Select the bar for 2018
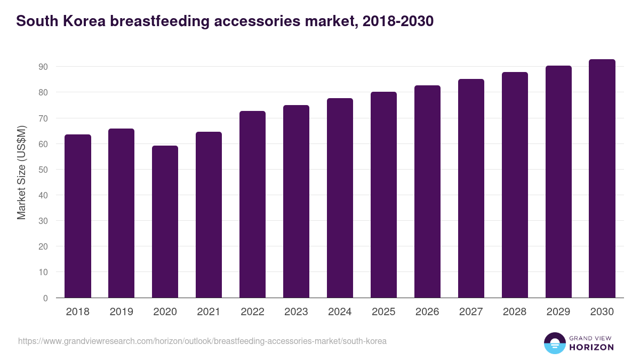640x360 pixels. [78, 216]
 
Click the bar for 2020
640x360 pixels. [165, 221]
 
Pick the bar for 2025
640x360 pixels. [383, 195]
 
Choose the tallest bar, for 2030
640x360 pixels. [602, 179]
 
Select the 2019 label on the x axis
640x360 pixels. [121, 312]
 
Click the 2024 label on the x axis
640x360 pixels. [340, 312]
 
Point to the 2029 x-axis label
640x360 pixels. [558, 312]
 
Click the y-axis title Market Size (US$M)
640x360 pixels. [21, 172]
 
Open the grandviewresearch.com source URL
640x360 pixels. [202, 341]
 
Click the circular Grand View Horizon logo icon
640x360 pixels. [554, 343]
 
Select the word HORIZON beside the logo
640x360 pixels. [591, 347]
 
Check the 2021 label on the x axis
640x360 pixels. [209, 312]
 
